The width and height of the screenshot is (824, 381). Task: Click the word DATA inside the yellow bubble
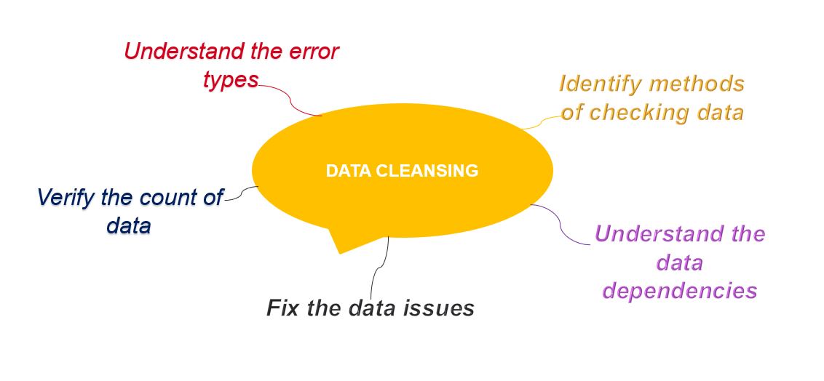349,171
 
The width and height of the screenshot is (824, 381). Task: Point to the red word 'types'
231,79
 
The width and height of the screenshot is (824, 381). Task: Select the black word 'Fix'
282,308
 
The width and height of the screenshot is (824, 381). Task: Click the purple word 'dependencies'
681,290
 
